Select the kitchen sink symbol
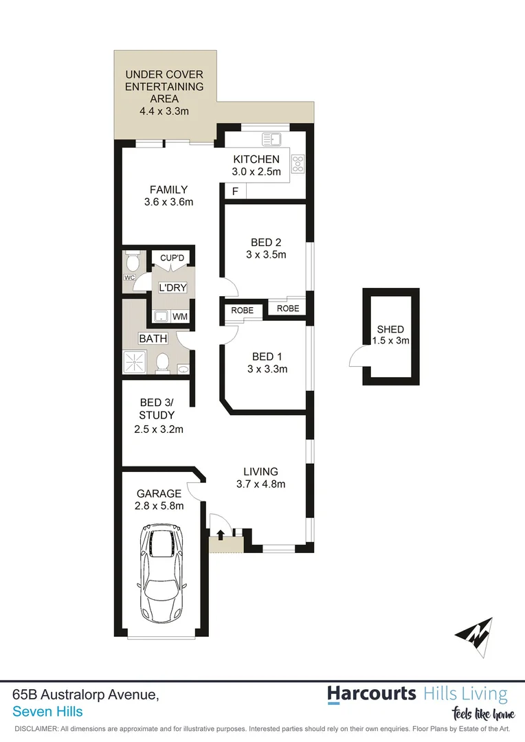(269, 140)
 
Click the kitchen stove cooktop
(299, 164)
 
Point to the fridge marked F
(235, 192)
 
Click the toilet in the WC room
(133, 261)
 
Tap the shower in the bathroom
(135, 362)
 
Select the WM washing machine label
(180, 317)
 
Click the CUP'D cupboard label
(172, 258)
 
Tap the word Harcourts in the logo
(372, 693)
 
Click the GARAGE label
(159, 493)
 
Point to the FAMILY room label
(169, 190)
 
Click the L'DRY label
(172, 287)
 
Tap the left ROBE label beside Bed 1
(242, 311)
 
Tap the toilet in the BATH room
(163, 362)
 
